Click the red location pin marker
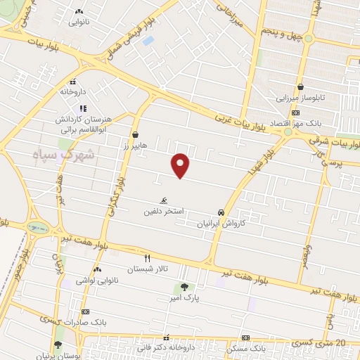pos(181,165)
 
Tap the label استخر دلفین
pos(164,211)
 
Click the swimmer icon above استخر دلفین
pos(164,200)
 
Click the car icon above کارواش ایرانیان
pos(221,212)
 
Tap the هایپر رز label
pos(134,146)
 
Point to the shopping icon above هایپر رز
pos(134,135)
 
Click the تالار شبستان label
pos(146,269)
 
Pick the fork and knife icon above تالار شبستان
pos(147,258)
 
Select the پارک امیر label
pos(184,297)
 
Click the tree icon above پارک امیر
pos(184,287)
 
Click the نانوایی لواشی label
pos(96,281)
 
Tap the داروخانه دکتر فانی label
pos(167,348)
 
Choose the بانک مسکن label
pos(245,348)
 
